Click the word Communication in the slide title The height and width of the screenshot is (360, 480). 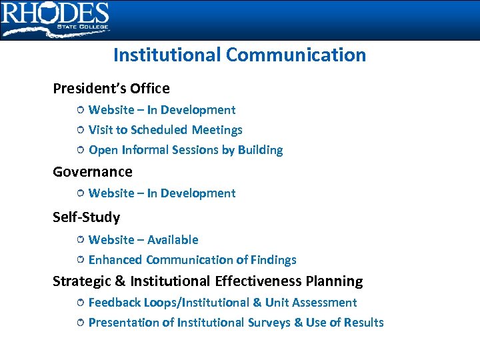[296, 55]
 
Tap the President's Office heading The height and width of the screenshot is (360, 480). [111, 88]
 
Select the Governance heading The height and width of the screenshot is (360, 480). [93, 171]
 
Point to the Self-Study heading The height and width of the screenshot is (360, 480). [87, 217]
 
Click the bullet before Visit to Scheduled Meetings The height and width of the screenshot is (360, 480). [79, 130]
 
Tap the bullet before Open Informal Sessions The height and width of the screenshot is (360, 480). [79, 150]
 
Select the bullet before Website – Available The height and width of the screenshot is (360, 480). [79, 239]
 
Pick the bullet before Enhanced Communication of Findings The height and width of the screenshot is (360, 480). [79, 260]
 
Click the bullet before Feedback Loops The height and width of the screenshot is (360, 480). [79, 303]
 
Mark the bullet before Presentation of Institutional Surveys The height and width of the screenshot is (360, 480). [79, 323]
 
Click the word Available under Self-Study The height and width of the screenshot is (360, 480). [173, 239]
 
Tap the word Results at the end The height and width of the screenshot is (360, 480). [364, 323]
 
